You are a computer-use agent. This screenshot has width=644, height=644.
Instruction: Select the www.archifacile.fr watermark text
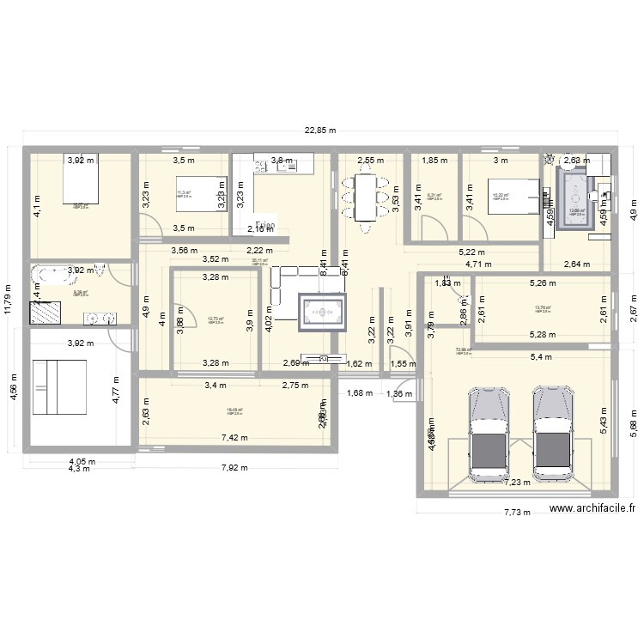(592, 508)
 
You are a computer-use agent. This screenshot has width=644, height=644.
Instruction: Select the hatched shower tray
(46, 312)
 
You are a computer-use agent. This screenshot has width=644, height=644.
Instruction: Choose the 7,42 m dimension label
(234, 438)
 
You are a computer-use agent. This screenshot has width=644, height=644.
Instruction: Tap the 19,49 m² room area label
(234, 410)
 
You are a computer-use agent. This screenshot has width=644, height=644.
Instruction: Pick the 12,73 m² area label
(216, 319)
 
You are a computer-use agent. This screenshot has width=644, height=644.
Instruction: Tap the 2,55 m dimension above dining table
(371, 160)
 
